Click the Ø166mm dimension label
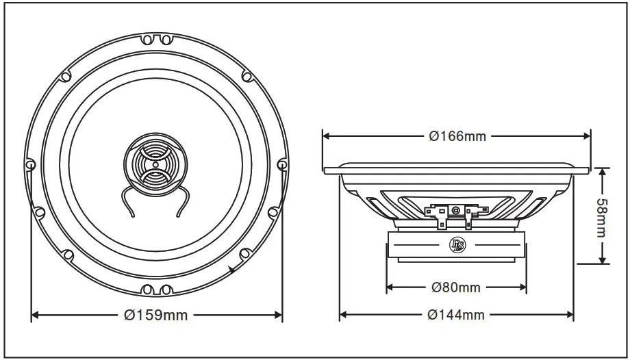click(x=457, y=136)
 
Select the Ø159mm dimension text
click(x=155, y=315)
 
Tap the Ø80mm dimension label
click(x=455, y=287)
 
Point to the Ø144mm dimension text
click(x=455, y=315)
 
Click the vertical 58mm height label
click(x=601, y=216)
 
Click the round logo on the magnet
click(x=456, y=244)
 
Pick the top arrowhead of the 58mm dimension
click(x=602, y=172)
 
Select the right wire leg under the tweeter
click(x=181, y=205)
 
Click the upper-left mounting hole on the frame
click(x=65, y=76)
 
